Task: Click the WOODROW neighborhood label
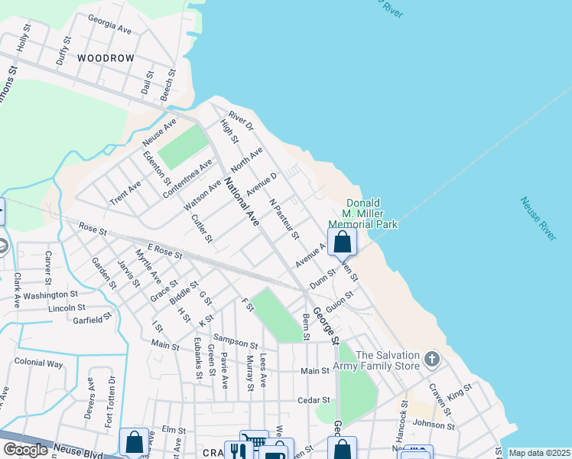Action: pos(106,58)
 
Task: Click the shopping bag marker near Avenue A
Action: pos(342,243)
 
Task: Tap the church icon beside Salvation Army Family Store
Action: pos(432,359)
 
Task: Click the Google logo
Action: pos(25,450)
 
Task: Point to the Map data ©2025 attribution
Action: pos(539,453)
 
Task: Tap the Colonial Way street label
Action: pos(38,363)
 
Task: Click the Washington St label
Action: pos(50,295)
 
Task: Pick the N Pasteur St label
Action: pos(284,219)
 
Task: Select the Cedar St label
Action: pos(314,400)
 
